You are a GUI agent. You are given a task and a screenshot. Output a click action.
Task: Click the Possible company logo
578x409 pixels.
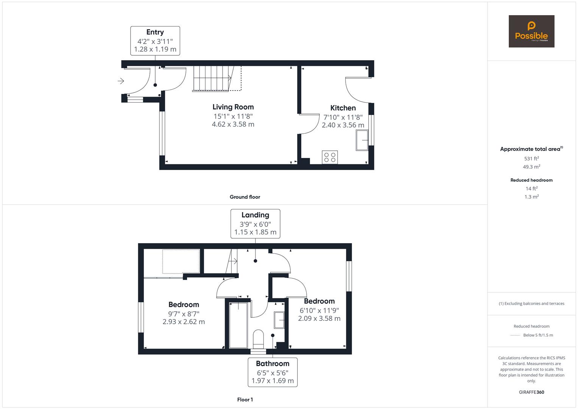[531, 31]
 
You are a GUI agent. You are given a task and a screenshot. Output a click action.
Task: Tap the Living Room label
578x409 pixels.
[233, 107]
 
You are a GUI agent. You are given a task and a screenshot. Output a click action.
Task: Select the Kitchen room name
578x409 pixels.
[343, 108]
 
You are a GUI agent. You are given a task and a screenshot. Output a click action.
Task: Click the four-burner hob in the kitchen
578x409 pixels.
[330, 157]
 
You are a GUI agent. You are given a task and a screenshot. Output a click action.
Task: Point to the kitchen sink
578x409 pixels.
[362, 140]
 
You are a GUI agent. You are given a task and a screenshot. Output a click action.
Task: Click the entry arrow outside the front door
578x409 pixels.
[121, 81]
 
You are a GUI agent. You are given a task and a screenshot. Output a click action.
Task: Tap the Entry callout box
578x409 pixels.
[155, 41]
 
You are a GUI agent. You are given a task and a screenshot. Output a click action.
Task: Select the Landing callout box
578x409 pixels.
[255, 223]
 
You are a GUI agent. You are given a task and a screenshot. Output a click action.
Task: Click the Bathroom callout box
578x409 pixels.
[273, 372]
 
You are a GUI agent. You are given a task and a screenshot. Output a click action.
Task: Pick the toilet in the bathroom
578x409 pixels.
[258, 339]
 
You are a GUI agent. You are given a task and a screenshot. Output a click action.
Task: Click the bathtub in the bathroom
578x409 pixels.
[238, 325]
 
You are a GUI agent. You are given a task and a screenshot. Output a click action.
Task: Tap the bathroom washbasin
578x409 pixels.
[279, 320]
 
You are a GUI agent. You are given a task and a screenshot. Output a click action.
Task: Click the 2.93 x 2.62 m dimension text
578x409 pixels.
[184, 322]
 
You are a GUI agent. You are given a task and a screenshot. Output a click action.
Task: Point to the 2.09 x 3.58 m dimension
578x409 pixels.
[319, 318]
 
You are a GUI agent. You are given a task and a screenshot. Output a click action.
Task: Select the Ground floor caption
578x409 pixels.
[245, 197]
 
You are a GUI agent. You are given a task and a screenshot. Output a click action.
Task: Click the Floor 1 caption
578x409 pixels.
[245, 400]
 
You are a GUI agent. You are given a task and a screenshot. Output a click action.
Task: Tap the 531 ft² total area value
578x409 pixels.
[531, 159]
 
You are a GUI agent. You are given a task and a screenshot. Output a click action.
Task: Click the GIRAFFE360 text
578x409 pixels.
[531, 392]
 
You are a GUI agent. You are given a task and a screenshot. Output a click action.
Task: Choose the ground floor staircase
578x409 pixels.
[217, 78]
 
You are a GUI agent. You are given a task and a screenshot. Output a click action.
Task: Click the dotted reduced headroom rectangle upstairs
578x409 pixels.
[181, 261]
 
